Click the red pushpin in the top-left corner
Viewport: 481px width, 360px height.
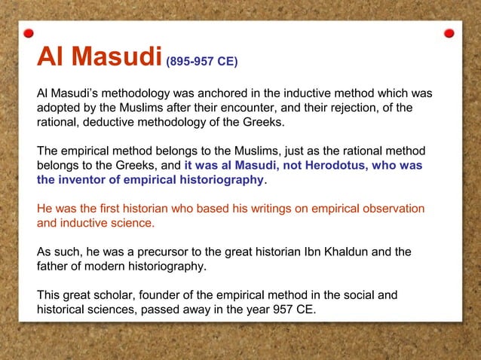point(29,33)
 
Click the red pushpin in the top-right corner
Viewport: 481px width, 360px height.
point(449,33)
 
